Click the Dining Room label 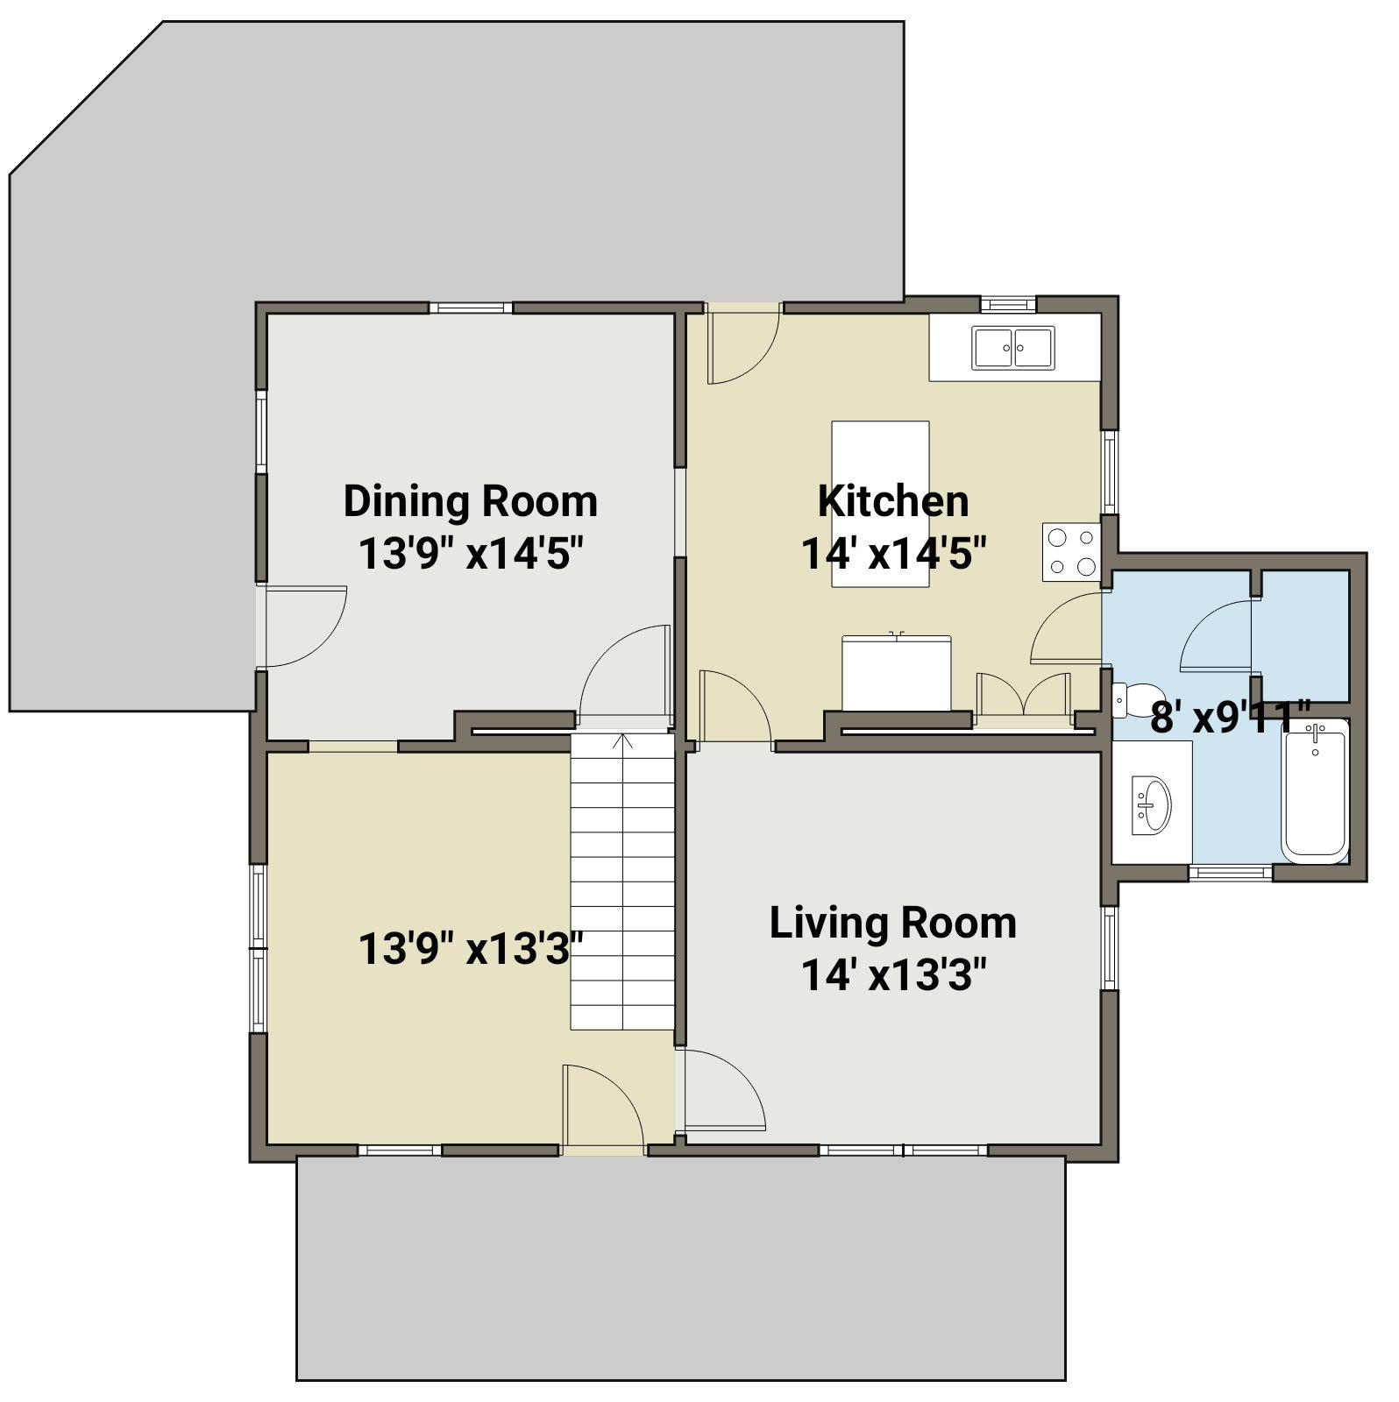pos(470,502)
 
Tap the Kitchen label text pos(893,501)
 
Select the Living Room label pos(893,923)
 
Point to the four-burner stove pos(1071,552)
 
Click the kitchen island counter pos(880,504)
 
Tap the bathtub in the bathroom pos(1315,790)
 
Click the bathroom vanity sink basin pos(1151,803)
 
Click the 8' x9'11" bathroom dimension pos(1231,717)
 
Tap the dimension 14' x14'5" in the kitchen pos(894,554)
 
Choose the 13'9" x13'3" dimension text pos(471,948)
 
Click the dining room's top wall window pos(471,308)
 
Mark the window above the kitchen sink pos(1008,304)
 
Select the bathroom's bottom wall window pos(1230,873)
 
